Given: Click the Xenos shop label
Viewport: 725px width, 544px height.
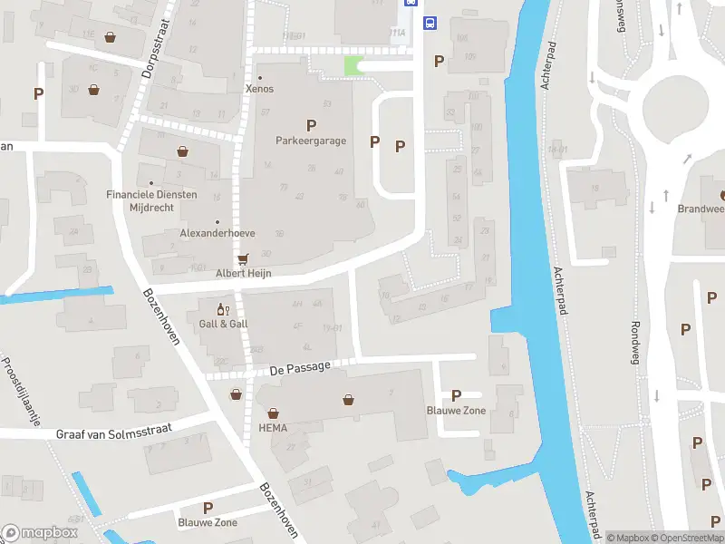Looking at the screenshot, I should coord(259,89).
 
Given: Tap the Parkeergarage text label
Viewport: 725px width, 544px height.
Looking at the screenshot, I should coord(311,141).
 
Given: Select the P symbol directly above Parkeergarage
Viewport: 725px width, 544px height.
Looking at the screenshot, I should coord(311,126).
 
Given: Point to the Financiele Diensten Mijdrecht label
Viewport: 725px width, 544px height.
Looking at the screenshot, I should coord(176,200).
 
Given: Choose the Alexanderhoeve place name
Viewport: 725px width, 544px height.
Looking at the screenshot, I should coord(217,233).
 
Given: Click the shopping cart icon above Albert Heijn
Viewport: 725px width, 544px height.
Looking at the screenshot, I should coord(243,259).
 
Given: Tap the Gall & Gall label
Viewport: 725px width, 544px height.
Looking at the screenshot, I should coord(223,324).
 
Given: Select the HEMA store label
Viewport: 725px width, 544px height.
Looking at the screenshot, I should coord(273,428).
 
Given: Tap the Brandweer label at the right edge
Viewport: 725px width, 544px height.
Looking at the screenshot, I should coord(701,209).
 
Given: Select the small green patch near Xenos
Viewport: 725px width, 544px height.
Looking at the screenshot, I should coord(353,65).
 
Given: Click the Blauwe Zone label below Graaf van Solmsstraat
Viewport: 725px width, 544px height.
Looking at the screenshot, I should coord(208,522).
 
